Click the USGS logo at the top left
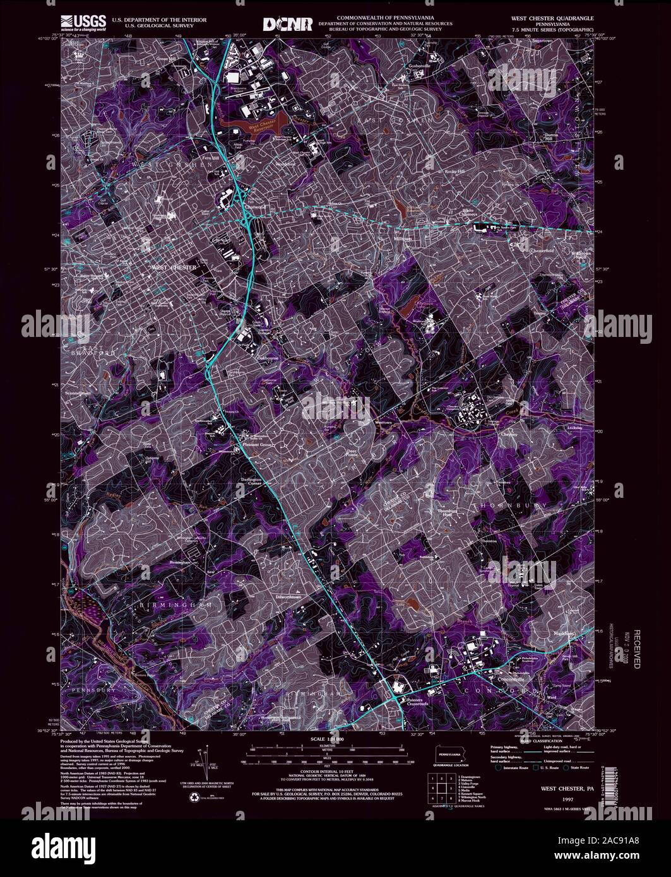[x=80, y=22]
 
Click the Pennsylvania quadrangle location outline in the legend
[x=449, y=753]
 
